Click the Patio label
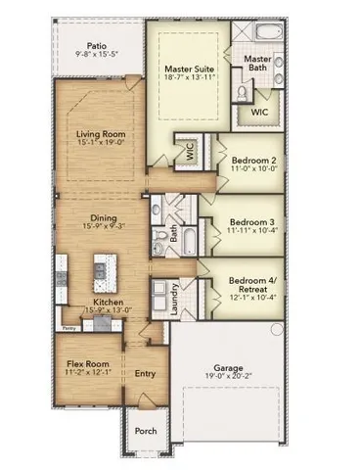[x=95, y=45]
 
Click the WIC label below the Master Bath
[x=259, y=113]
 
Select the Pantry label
[x=67, y=328]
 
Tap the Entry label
[x=145, y=373]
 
